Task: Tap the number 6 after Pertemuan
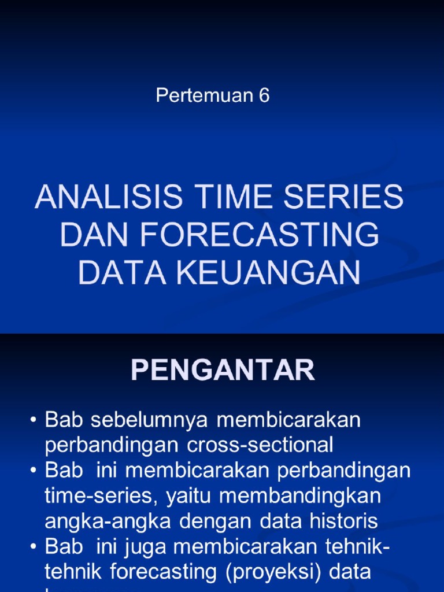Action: tap(264, 96)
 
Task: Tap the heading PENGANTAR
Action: tap(223, 370)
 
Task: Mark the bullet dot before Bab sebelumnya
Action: tap(35, 421)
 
